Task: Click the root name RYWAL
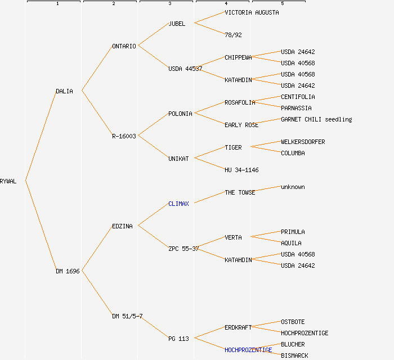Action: pos(8,181)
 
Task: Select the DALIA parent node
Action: pos(64,91)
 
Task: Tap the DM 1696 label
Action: pos(68,271)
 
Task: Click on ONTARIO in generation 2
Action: pos(124,46)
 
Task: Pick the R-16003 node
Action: pos(124,136)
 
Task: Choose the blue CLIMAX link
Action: pos(178,204)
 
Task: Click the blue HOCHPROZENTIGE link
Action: pos(248,350)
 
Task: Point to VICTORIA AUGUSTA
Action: pos(252,12)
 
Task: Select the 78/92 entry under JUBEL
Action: pos(233,35)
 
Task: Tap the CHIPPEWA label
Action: pos(238,57)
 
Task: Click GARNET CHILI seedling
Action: pos(316,119)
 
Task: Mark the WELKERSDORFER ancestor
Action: pos(303,142)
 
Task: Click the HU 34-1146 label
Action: pos(241,170)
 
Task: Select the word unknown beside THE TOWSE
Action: pos(293,187)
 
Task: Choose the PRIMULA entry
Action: pos(293,232)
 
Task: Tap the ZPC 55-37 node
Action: pos(183,249)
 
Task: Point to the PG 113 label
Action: pos(178,339)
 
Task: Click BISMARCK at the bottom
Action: pos(294,355)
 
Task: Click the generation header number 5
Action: pos(283,4)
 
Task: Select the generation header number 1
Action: pos(57,4)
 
